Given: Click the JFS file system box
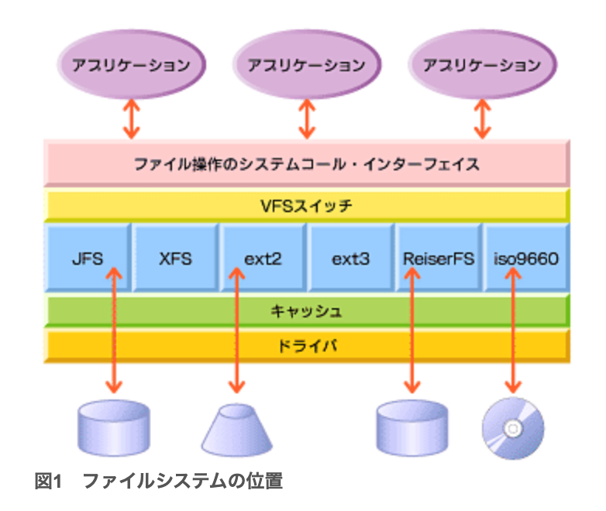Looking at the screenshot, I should coord(87,258).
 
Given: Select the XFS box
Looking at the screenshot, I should coord(175,258).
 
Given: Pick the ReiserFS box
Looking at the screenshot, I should coord(439,258).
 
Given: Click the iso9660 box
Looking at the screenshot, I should coord(525,258).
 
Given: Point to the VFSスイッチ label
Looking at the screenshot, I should coord(306,206).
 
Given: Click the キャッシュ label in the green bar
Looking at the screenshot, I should coord(306,311).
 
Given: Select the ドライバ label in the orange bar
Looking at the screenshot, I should coord(306,346).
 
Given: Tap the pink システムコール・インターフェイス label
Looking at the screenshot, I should coord(306,164).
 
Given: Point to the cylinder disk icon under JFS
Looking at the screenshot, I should coord(114,427).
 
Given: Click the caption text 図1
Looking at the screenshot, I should coord(48,482).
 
